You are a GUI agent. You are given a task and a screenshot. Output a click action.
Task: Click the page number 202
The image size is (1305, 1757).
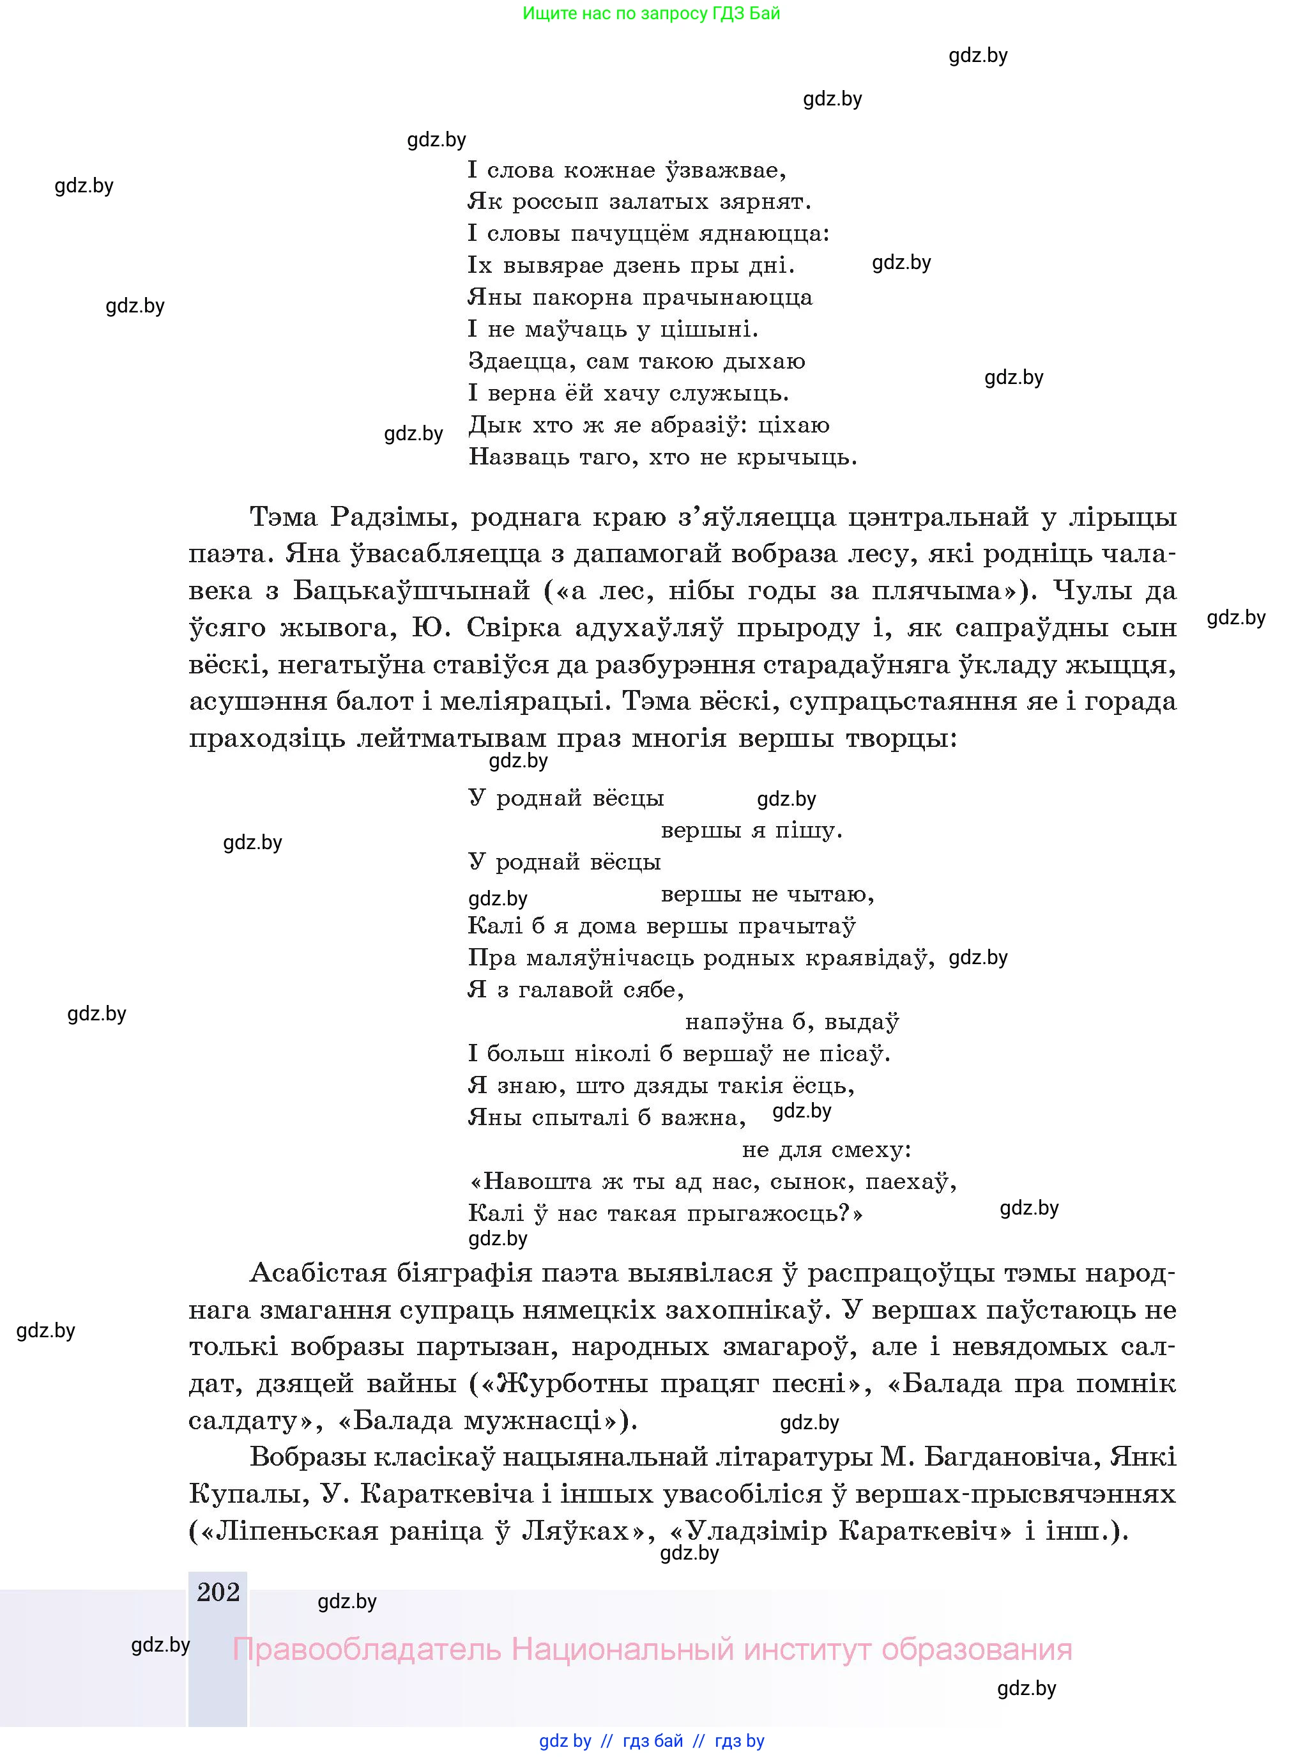click(x=218, y=1592)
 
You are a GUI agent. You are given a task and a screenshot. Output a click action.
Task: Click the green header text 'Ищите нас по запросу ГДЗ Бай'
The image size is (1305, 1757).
click(x=651, y=13)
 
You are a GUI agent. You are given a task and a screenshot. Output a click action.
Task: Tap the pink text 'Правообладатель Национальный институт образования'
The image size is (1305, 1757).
click(x=652, y=1650)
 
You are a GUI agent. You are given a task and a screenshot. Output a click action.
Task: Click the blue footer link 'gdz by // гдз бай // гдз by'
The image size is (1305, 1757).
click(x=652, y=1740)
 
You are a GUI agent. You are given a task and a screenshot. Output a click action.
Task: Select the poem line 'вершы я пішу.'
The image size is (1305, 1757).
click(x=751, y=831)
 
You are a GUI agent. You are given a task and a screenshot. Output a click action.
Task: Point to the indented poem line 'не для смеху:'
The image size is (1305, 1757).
click(x=827, y=1149)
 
